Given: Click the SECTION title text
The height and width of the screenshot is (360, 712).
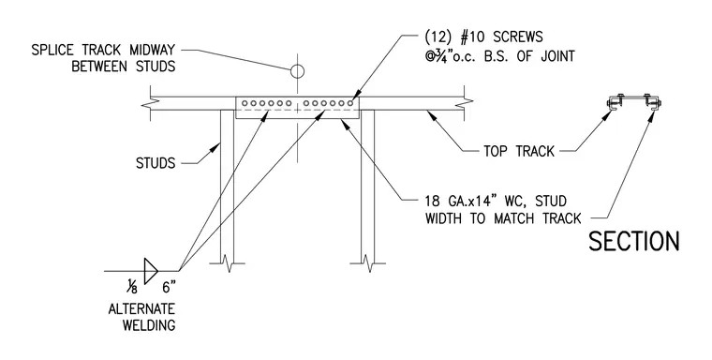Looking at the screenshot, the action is (634, 241).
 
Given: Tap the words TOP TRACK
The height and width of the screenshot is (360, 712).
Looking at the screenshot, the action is (519, 151).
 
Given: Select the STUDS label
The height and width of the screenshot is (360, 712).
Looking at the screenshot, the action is (156, 163).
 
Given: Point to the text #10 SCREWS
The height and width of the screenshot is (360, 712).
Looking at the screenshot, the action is (501, 37).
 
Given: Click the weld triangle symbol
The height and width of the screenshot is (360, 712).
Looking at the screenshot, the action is (151, 271).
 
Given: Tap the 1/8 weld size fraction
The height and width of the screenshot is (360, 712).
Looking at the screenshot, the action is (132, 287).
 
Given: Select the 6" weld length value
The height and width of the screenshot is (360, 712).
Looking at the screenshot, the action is (169, 287).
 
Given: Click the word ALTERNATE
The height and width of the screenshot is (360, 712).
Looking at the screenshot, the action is (141, 309).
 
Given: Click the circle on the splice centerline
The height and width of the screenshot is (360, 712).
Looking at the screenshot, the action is (297, 71).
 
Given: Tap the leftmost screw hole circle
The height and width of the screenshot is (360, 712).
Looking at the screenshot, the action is (245, 103).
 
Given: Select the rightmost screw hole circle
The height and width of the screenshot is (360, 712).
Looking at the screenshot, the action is (350, 103).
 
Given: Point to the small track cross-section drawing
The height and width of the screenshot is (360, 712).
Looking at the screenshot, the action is (634, 103).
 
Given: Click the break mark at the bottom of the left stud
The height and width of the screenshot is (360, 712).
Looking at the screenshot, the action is (227, 263).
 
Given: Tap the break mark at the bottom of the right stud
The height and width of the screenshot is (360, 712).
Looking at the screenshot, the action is (368, 263).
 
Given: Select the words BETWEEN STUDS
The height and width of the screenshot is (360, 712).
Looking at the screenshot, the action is (124, 67).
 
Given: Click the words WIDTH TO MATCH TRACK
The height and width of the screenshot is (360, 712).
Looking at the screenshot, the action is (503, 218).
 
